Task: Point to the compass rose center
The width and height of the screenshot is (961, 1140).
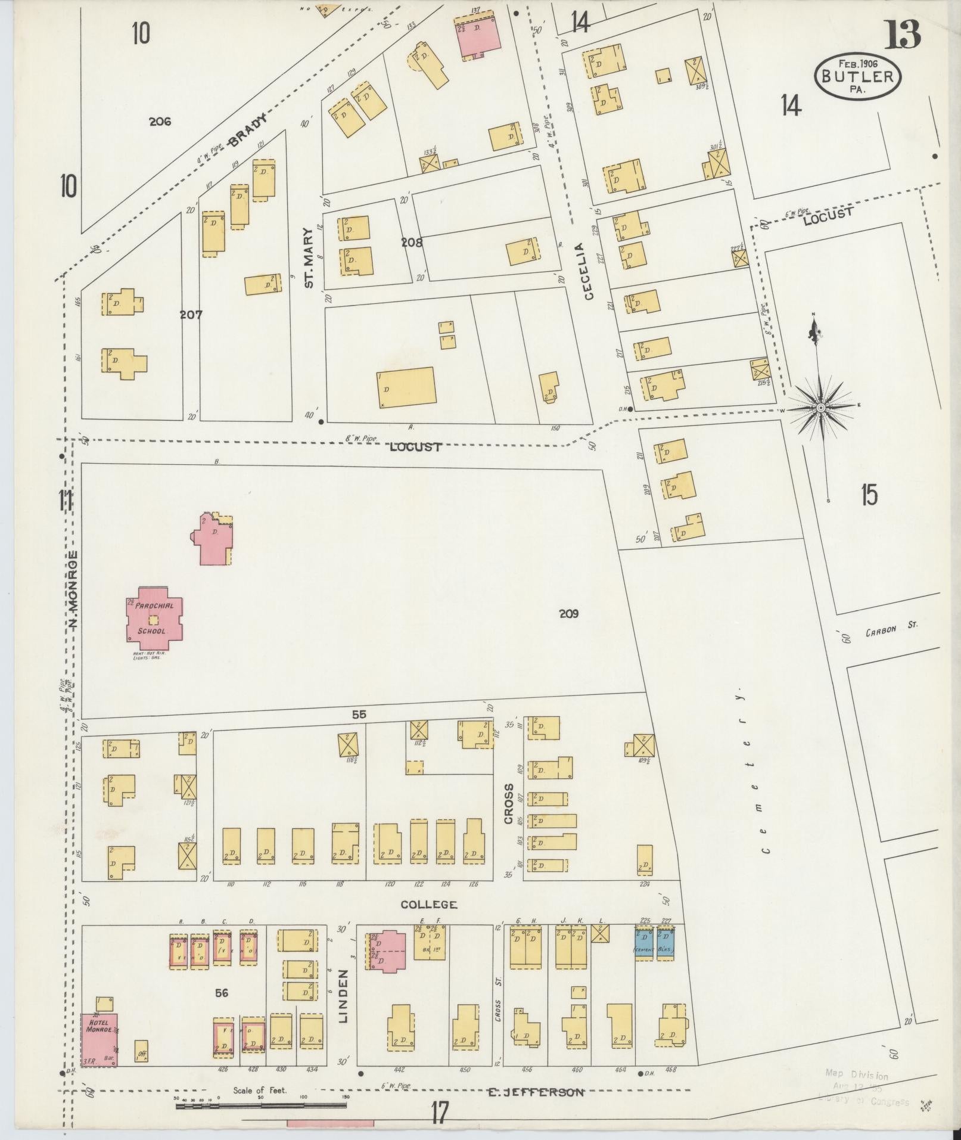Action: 820,407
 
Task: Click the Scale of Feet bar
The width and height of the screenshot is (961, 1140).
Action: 261,1106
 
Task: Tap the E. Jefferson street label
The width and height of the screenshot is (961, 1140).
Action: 536,1093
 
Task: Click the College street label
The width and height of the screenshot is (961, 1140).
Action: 429,921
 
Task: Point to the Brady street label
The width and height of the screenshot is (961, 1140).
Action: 246,131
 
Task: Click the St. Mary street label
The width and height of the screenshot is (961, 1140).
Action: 309,257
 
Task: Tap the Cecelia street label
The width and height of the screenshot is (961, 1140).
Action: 589,269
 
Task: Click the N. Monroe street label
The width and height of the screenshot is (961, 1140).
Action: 73,590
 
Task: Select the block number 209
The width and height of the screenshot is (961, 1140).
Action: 569,613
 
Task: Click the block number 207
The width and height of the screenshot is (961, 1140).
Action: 191,315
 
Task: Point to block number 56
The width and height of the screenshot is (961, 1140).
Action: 222,993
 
